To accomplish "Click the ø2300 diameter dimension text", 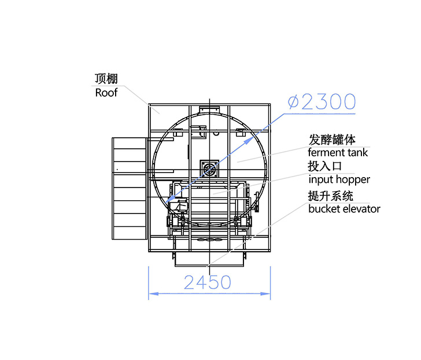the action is [x=322, y=102].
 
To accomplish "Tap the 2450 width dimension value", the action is [x=207, y=282].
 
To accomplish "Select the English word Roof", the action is [x=106, y=93].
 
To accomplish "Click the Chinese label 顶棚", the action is [x=106, y=79].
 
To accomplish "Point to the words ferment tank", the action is [x=338, y=153].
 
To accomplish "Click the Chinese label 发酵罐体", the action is [x=332, y=139].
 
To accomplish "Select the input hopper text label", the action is [x=339, y=180].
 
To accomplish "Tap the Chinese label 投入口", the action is [x=324, y=166].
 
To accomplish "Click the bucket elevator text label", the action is [x=344, y=209].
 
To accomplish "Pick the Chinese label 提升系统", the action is [x=331, y=196].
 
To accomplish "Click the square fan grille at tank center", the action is [x=209, y=169].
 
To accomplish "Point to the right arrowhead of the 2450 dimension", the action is [x=266, y=293].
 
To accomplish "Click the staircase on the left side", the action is [x=130, y=189].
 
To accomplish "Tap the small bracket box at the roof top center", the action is [x=209, y=109].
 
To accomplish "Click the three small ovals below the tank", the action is [x=209, y=240].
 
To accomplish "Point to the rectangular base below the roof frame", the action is [x=209, y=259].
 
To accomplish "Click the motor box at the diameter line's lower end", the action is [x=178, y=206].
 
